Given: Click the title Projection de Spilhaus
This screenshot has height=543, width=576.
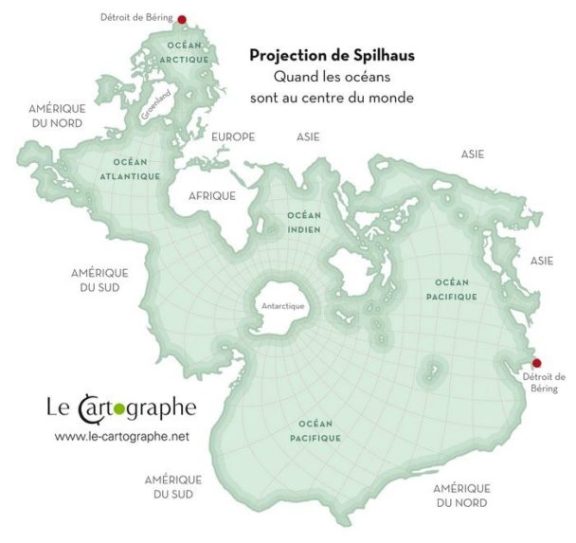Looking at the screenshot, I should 332,55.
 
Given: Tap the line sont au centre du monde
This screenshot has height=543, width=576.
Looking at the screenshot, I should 332,98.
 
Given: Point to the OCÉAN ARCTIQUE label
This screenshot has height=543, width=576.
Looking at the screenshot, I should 186,52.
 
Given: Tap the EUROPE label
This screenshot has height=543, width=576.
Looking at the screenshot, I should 233,137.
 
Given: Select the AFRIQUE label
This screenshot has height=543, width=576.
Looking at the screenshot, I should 212,194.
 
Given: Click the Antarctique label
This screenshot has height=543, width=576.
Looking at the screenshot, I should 282,306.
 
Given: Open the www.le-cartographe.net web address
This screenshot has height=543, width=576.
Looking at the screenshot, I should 122,436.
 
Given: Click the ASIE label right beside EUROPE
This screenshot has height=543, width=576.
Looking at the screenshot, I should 308,137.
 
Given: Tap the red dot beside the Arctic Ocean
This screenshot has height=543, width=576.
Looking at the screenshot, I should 182,18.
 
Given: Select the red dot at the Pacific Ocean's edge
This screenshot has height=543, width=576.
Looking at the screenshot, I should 536,362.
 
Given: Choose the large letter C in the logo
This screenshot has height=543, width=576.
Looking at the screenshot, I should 88,409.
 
